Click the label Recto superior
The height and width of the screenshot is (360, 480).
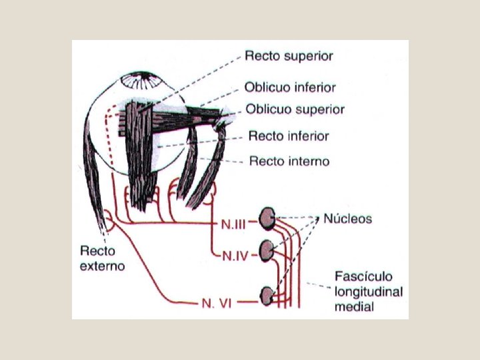(x=289, y=56)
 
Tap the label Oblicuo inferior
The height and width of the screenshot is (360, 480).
(x=290, y=87)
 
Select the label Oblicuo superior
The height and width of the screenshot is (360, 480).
(x=295, y=109)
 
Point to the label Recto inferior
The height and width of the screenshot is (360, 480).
(x=289, y=137)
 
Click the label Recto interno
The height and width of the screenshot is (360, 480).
(x=289, y=161)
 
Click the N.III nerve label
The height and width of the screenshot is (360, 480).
(x=235, y=223)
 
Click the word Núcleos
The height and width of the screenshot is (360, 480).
(x=348, y=219)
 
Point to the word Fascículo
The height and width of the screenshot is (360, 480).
(x=364, y=277)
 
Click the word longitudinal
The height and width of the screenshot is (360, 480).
(x=369, y=292)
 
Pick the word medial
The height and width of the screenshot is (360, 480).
(x=354, y=307)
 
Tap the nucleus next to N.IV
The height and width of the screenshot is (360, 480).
(x=267, y=250)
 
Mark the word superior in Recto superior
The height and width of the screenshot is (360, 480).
(x=308, y=56)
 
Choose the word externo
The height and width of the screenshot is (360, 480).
(x=102, y=265)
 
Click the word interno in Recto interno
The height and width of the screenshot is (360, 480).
(x=309, y=161)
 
